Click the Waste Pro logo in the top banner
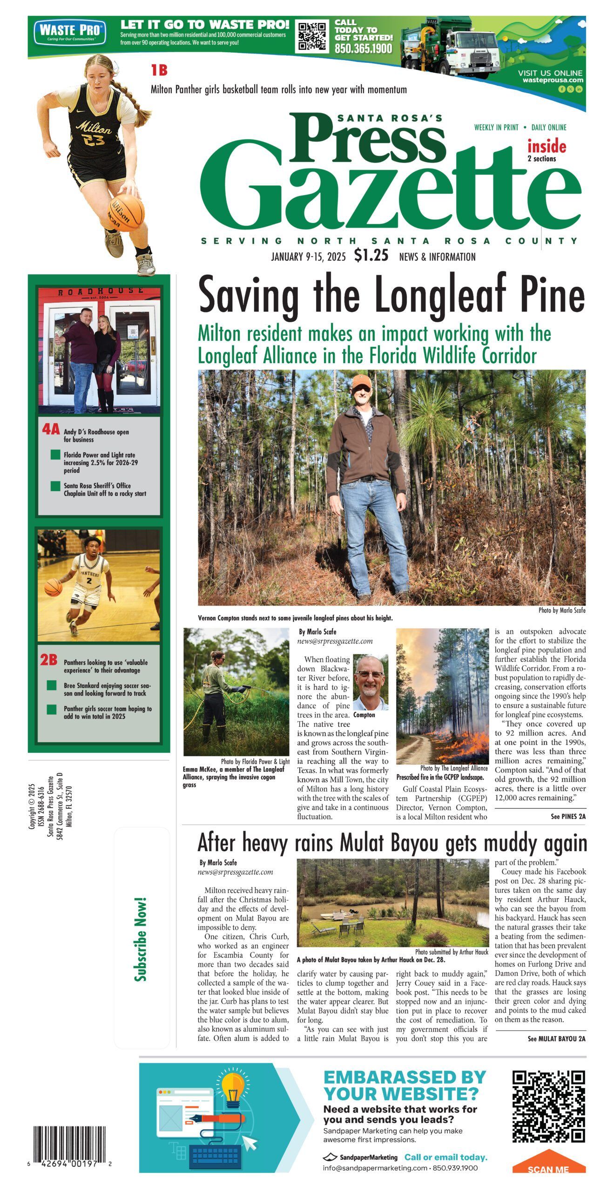tap(70, 32)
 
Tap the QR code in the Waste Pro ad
tap(311, 36)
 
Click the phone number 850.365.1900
tap(363, 48)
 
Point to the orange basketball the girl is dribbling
tap(127, 213)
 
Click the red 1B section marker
tap(159, 70)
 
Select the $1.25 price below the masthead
tap(371, 255)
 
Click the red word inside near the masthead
tap(547, 147)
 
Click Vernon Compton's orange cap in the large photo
tap(361, 381)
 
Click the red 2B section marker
tap(48, 659)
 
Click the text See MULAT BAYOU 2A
tap(556, 1038)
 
